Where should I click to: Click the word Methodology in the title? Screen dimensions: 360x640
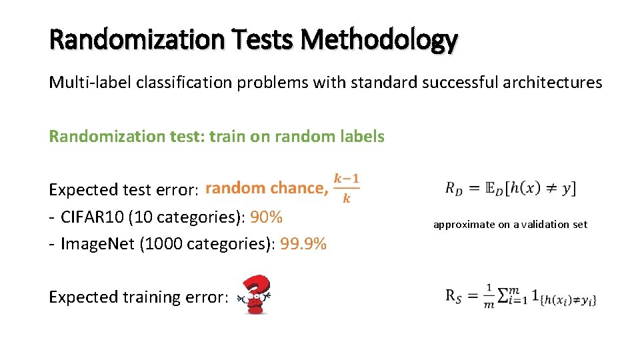tap(379, 41)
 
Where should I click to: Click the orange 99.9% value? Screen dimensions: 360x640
tap(303, 244)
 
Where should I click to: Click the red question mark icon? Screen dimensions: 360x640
tap(257, 294)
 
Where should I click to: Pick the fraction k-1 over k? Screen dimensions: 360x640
tap(346, 188)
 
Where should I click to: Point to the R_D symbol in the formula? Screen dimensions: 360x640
tap(454, 189)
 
